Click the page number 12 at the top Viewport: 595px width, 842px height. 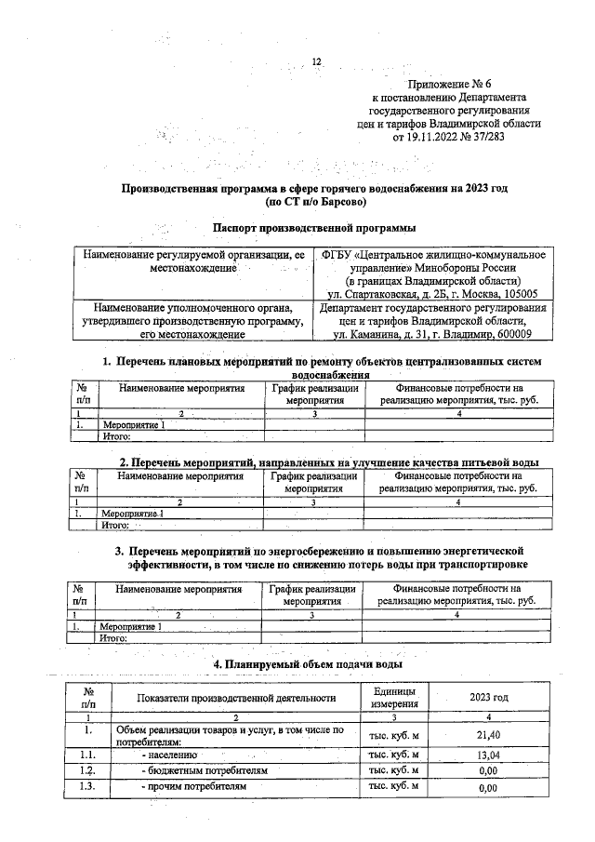pos(316,62)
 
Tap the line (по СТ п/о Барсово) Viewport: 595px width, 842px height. pos(316,201)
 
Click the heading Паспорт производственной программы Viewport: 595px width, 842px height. pos(314,228)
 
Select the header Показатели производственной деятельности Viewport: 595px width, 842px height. pos(235,697)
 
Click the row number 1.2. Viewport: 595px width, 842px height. pos(87,771)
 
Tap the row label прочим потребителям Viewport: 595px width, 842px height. pos(196,787)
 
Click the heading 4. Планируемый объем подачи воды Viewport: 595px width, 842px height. pos(308,664)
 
